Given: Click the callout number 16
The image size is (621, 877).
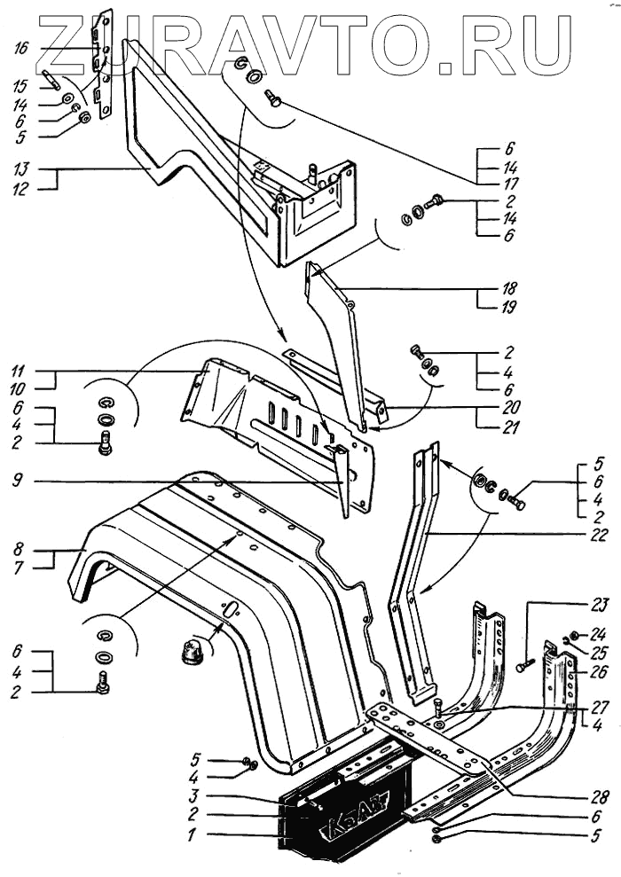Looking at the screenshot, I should point(20,46).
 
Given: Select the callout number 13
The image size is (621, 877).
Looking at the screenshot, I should point(20,168).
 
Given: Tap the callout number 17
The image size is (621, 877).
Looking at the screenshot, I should point(509,182).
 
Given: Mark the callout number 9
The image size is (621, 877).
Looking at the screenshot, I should point(20,483).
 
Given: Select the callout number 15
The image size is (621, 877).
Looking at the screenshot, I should point(20,86).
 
